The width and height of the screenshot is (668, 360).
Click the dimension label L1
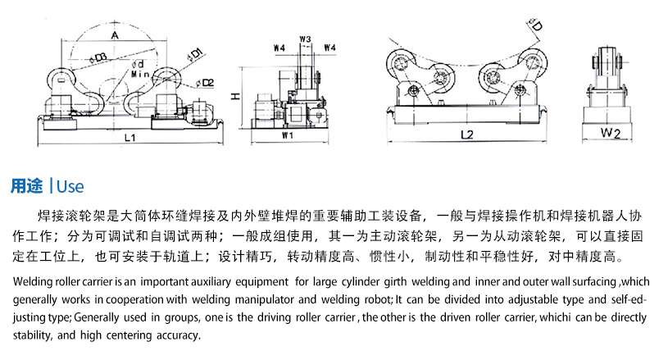130,138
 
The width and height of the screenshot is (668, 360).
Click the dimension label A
116,35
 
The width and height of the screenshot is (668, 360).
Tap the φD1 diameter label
195,55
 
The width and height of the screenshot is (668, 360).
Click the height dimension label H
235,96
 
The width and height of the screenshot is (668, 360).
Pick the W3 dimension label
305,39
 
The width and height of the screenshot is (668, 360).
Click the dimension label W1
288,134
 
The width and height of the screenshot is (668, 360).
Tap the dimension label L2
467,134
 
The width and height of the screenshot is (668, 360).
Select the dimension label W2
609,131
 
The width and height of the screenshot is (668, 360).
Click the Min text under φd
139,75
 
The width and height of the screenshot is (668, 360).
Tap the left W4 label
279,48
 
